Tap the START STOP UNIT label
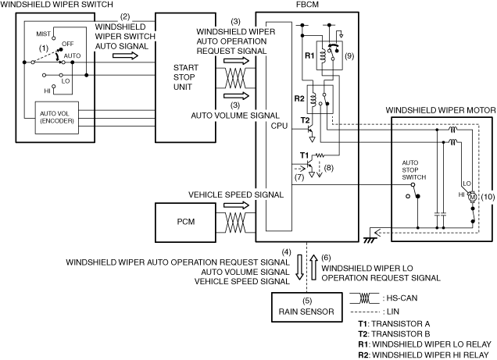pos(185,77)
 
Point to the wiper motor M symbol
pos(472,197)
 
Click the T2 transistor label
pos(305,120)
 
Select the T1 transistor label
pos(304,155)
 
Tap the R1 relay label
pos(309,55)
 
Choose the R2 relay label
pos(299,99)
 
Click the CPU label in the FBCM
pos(279,126)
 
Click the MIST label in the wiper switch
pos(43,34)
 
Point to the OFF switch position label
pos(67,44)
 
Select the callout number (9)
pos(349,56)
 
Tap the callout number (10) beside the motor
pos(488,197)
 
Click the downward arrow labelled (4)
pos(299,268)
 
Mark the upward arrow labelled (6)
pos(314,268)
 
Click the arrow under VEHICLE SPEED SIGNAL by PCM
pos(237,205)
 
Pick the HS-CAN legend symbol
pos(364,298)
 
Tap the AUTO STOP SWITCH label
pos(413,170)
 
